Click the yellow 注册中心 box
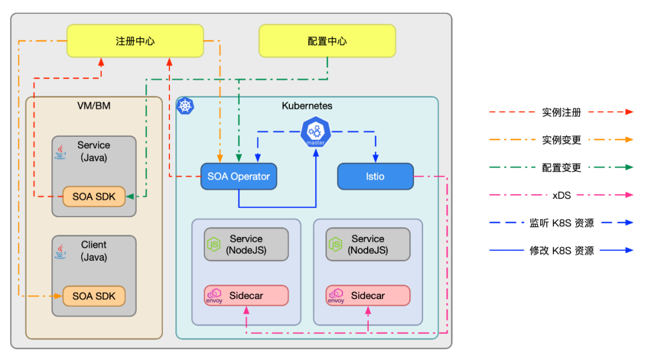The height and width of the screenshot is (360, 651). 135,41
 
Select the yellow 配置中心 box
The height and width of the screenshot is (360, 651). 327,41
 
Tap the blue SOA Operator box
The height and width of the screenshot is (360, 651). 239,177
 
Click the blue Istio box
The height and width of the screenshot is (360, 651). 375,177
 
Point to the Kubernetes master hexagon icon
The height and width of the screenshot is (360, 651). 316,132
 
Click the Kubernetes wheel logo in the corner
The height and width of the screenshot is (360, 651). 185,106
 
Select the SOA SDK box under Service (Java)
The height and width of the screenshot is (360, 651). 93,197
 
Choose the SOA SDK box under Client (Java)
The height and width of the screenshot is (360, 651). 93,296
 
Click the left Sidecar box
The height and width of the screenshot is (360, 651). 246,295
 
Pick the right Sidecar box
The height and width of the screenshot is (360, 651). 368,295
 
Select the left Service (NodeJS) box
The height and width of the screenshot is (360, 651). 246,244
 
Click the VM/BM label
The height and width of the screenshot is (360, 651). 93,106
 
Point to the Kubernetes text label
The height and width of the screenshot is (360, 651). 307,106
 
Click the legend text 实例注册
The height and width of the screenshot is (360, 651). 561,112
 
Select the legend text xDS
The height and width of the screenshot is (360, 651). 561,195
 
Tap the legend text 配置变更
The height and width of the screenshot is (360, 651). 561,168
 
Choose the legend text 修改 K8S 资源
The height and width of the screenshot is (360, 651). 561,250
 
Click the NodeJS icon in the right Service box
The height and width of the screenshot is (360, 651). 335,244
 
